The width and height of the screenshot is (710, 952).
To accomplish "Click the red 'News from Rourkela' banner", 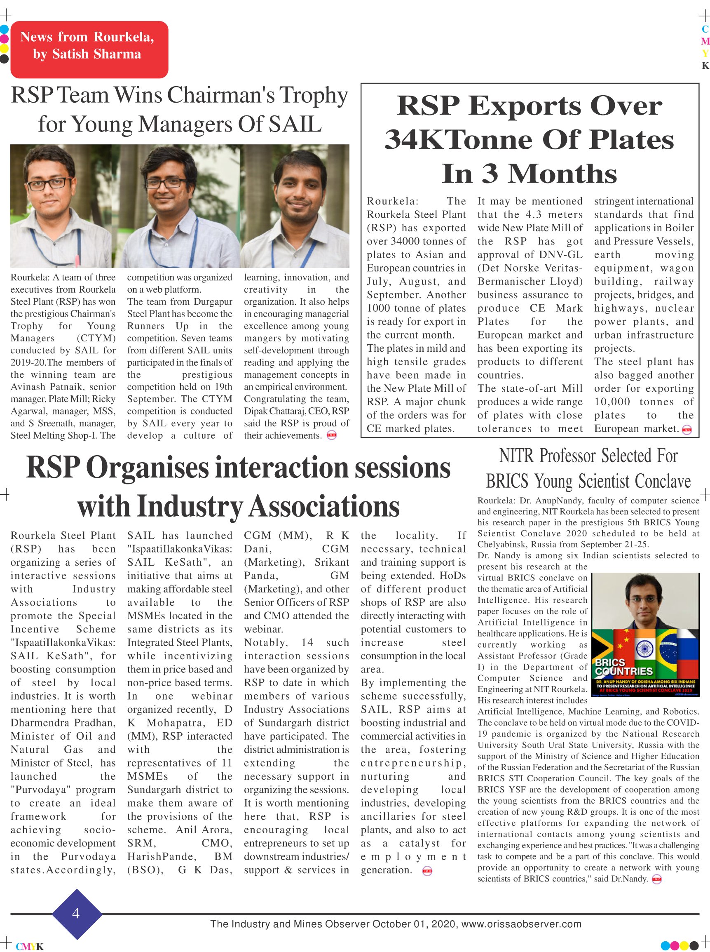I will point(89,49).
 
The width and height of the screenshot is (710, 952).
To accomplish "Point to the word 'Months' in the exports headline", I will point(562,174).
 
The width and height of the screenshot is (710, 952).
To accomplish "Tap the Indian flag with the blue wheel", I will point(644,649).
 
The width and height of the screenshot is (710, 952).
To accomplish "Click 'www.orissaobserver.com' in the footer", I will point(521,924).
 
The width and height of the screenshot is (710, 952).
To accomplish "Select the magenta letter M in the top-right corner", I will point(705,42).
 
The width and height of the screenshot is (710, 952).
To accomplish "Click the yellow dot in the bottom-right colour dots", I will point(684,945).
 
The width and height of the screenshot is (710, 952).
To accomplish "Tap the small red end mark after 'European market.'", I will point(687,429).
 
